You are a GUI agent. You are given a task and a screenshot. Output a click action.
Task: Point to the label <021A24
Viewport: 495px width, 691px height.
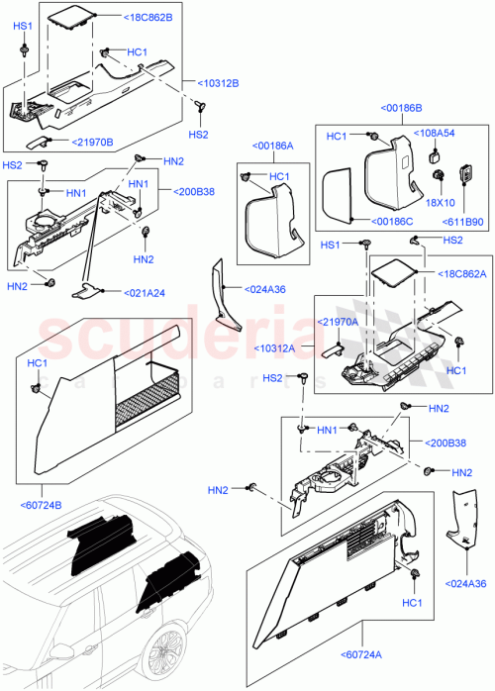146,292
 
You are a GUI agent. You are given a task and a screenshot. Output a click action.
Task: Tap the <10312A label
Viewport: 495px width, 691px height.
281,347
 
